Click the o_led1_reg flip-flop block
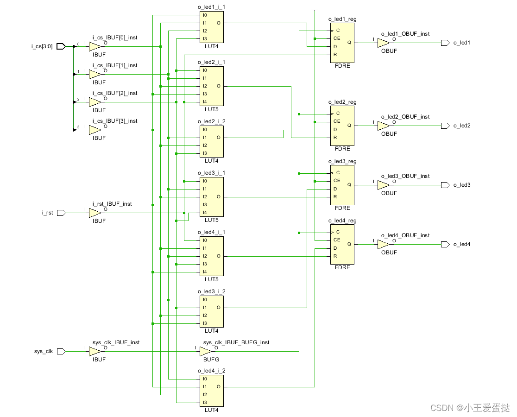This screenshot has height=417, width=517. pos(342,43)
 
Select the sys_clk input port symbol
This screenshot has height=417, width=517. pos(61,352)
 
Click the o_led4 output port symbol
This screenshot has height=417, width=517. pos(445,244)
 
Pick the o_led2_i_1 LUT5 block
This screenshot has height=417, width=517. pos(211,86)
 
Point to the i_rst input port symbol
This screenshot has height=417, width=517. pos(61,213)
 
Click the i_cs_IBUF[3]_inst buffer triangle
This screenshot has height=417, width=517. pos(95,130)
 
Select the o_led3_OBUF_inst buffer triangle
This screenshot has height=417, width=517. pos(383,185)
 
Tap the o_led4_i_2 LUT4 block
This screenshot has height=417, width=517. pos(211,390)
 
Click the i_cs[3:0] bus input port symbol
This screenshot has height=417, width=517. pos(61,46)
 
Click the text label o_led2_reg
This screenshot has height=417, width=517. pos(342,102)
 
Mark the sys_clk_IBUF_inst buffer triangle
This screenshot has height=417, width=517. pos(95,352)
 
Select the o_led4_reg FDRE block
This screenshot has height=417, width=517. pos(342,244)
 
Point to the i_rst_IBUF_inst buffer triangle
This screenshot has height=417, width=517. pos(95,213)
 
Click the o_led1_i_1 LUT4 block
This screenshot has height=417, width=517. pos(211,26)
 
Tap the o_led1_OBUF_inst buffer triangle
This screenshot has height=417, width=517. pos(383,43)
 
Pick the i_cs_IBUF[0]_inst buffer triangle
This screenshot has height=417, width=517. pos(95,46)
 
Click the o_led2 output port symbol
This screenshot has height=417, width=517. pos(445,126)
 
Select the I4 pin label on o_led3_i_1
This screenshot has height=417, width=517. pos(204,213)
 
